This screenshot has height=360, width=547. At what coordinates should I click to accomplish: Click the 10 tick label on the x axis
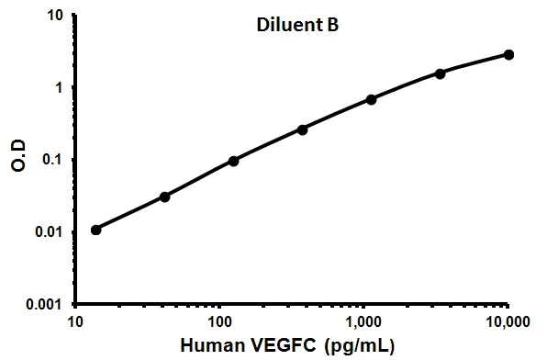tap(74, 322)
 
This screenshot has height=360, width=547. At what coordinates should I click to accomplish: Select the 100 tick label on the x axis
tap(219, 322)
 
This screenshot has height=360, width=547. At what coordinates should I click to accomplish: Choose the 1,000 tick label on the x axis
tap(364, 322)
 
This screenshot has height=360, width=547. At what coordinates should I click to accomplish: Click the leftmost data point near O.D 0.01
tap(96, 230)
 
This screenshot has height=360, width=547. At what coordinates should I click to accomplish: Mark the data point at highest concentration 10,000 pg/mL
tap(509, 55)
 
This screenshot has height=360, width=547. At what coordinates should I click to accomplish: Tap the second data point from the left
tap(165, 197)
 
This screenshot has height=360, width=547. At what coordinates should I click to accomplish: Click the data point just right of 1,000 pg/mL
tap(372, 98)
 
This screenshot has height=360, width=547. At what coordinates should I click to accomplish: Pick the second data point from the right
tap(441, 73)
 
